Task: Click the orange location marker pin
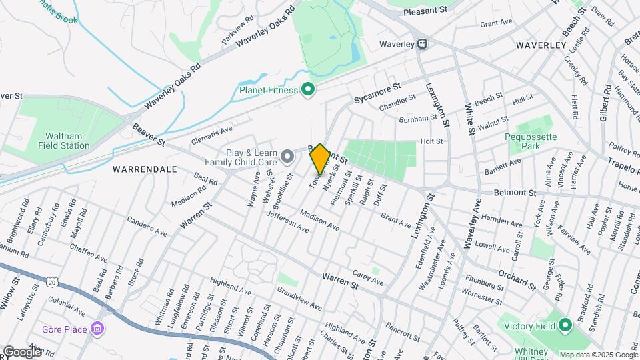pyautogui.click(x=320, y=159)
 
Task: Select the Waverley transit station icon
pyautogui.click(x=422, y=44)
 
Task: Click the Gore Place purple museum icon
pyautogui.click(x=97, y=329)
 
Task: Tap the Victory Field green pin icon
pyautogui.click(x=565, y=326)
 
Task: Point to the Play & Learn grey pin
pyautogui.click(x=287, y=157)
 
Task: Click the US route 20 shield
pyautogui.click(x=53, y=283)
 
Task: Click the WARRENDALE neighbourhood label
pyautogui.click(x=145, y=169)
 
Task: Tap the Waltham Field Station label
pyautogui.click(x=64, y=140)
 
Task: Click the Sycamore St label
pyautogui.click(x=377, y=93)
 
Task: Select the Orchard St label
pyautogui.click(x=517, y=279)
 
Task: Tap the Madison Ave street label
pyautogui.click(x=319, y=221)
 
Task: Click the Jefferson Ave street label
pyautogui.click(x=287, y=222)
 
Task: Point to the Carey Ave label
pyautogui.click(x=367, y=278)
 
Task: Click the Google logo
pyautogui.click(x=22, y=351)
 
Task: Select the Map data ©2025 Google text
pyautogui.click(x=598, y=355)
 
